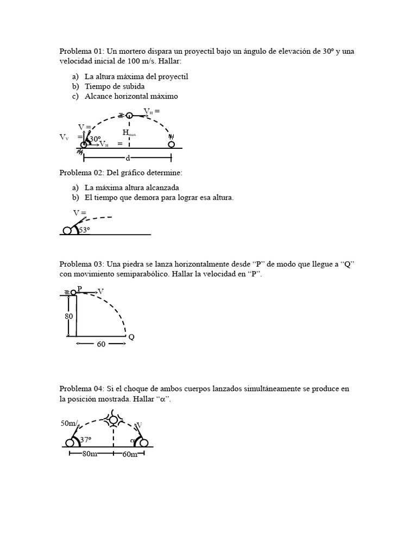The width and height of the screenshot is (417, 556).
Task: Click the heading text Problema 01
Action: [81, 51]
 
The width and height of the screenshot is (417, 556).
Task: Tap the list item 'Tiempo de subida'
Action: [114, 86]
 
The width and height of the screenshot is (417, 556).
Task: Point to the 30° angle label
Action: [95, 139]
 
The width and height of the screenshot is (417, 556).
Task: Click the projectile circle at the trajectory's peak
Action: [129, 115]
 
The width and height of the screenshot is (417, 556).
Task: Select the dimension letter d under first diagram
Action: [128, 158]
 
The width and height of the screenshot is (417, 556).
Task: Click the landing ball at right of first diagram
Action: [171, 144]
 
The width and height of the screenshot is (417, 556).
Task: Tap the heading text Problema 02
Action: [81, 173]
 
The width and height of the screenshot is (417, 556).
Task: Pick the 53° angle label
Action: [84, 230]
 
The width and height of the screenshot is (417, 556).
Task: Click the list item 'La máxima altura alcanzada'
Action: [131, 187]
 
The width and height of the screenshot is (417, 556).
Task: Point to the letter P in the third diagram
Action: [79, 289]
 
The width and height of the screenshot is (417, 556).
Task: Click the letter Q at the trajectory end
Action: [131, 337]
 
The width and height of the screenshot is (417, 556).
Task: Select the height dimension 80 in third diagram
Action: [69, 316]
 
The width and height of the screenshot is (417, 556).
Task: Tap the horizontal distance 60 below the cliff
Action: [101, 344]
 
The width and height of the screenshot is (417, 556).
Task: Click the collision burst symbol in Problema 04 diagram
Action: [113, 419]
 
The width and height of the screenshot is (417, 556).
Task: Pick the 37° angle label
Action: [86, 440]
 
